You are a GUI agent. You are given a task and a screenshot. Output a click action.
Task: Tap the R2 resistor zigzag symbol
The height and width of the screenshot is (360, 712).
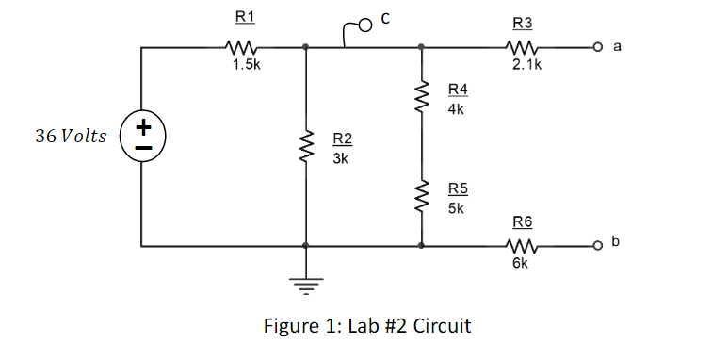(306, 147)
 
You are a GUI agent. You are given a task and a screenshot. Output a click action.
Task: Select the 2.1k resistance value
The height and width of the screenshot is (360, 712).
(526, 66)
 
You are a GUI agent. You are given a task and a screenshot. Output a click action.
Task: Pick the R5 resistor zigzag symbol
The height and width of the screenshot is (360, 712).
(421, 196)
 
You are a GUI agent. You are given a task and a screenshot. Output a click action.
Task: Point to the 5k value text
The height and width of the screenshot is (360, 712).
(455, 207)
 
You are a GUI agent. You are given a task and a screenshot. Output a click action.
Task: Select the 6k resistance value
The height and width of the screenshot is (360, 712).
(521, 265)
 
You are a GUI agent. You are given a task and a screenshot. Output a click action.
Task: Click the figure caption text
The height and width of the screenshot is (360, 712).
(367, 326)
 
